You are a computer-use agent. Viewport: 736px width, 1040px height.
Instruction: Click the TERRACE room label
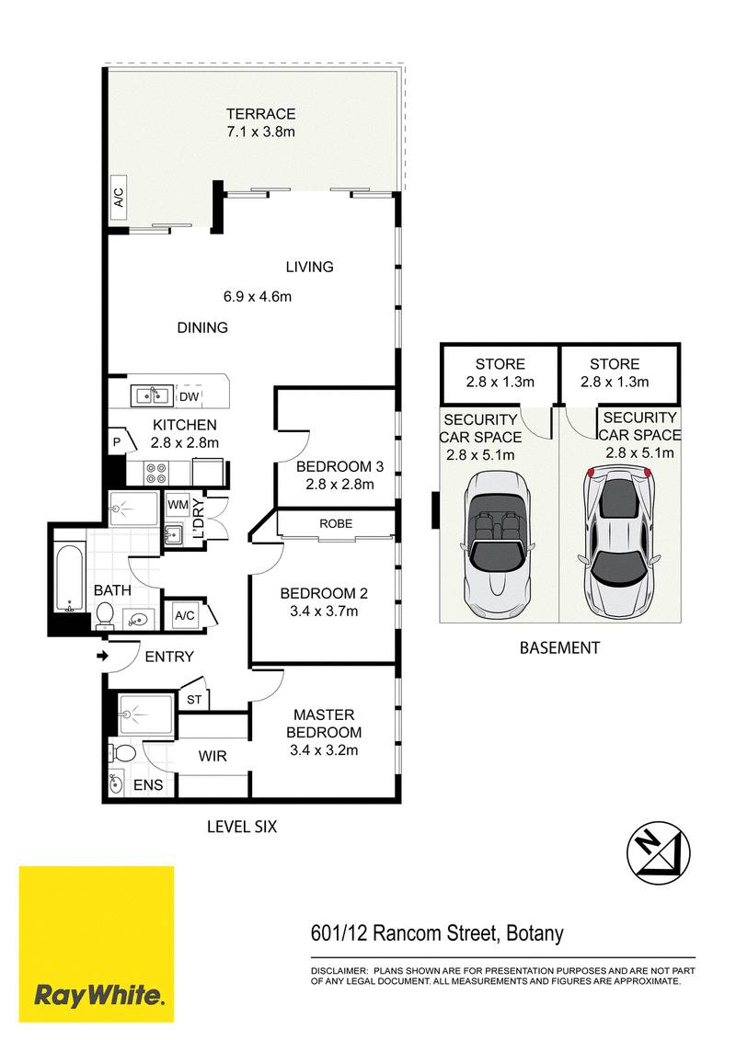260,114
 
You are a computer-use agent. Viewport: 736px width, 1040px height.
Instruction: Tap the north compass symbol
659,853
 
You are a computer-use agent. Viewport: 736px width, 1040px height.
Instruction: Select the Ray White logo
97,943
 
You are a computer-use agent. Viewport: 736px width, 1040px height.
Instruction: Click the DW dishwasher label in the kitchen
190,396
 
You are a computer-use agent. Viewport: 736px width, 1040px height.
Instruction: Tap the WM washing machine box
178,506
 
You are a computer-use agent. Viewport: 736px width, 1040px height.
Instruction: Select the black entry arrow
102,657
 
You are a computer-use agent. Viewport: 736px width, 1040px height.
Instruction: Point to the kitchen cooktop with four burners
156,474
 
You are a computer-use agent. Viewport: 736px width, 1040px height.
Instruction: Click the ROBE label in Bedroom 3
336,524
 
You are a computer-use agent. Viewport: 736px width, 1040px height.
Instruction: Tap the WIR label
213,756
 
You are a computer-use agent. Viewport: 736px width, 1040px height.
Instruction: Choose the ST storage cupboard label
194,700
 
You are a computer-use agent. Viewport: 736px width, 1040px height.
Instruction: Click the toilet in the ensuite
122,753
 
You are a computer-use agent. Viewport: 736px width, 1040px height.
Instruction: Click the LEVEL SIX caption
242,827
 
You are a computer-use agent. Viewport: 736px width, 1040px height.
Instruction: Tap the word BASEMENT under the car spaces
559,648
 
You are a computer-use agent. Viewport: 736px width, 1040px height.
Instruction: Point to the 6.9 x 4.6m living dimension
258,296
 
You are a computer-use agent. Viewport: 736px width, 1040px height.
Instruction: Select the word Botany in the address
535,933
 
